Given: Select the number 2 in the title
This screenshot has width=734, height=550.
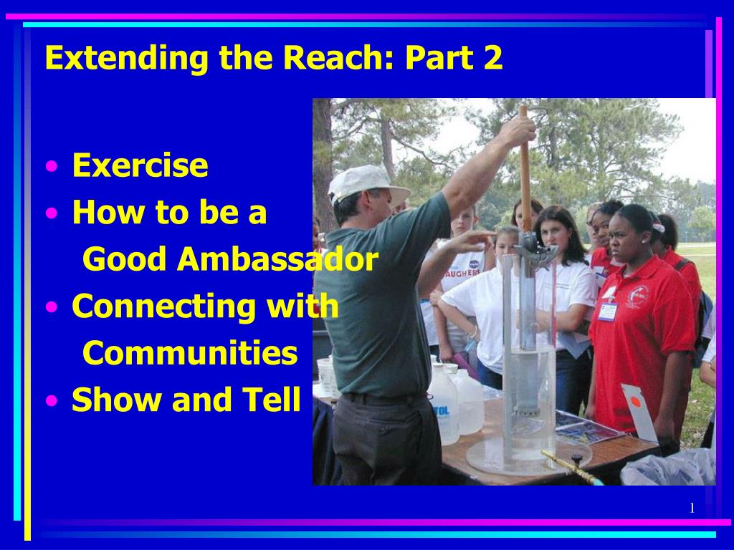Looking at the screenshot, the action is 493,57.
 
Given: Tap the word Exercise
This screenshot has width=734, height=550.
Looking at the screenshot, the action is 140,165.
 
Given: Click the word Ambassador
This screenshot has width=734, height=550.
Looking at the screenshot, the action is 277,259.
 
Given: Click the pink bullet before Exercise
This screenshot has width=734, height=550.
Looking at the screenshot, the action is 52,166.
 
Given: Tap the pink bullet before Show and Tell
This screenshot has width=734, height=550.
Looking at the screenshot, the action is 52,400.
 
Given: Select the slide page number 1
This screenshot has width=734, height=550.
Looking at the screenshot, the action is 692,508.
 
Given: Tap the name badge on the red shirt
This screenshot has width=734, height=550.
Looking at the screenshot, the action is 607,311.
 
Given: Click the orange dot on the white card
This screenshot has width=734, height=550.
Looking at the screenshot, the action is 635,401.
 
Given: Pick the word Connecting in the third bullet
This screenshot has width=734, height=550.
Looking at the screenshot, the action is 165,307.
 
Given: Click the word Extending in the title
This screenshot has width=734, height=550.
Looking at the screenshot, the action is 127,58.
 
